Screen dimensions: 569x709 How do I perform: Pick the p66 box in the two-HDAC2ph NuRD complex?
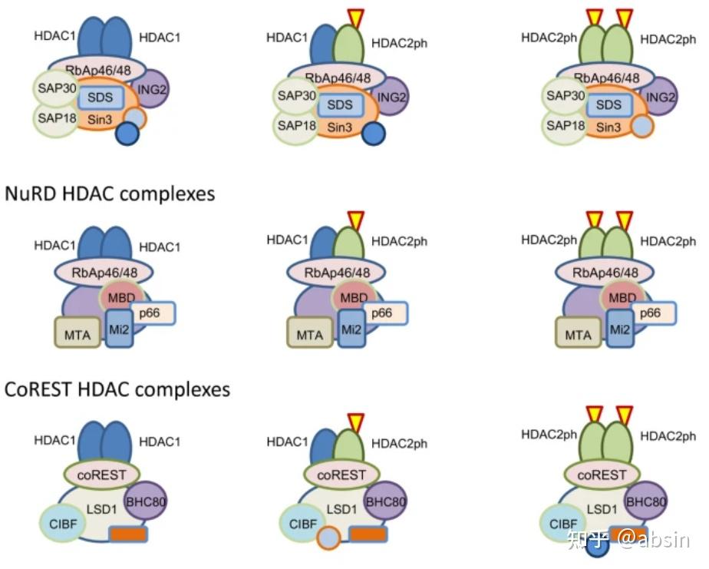(650, 313)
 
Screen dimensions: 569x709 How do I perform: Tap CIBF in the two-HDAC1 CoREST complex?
(60, 523)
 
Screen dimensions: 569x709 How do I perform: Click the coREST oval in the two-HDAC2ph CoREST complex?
(602, 475)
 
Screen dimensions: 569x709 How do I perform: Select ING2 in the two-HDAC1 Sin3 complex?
(153, 89)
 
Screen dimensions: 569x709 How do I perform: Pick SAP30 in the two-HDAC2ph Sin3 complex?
(562, 96)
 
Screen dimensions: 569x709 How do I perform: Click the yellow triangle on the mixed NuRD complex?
(355, 220)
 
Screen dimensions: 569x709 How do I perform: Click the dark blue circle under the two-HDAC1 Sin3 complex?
(127, 134)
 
